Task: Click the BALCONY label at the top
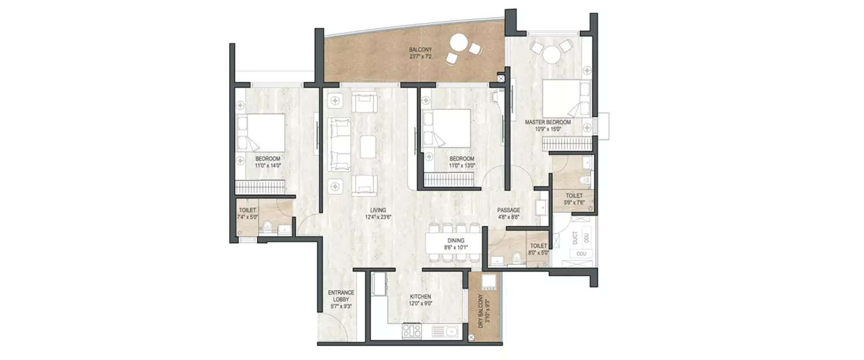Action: pyautogui.click(x=420, y=50)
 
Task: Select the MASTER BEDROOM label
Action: pyautogui.click(x=547, y=122)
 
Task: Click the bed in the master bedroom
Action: pyautogui.click(x=561, y=99)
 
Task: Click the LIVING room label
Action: pyautogui.click(x=378, y=210)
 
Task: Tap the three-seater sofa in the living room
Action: pyautogui.click(x=339, y=144)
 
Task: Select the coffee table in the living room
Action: pyautogui.click(x=369, y=146)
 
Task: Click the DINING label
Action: pyautogui.click(x=455, y=241)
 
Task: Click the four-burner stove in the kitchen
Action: pyautogui.click(x=411, y=331)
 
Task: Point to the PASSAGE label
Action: pyautogui.click(x=509, y=210)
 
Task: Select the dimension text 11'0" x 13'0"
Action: pyautogui.click(x=462, y=166)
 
